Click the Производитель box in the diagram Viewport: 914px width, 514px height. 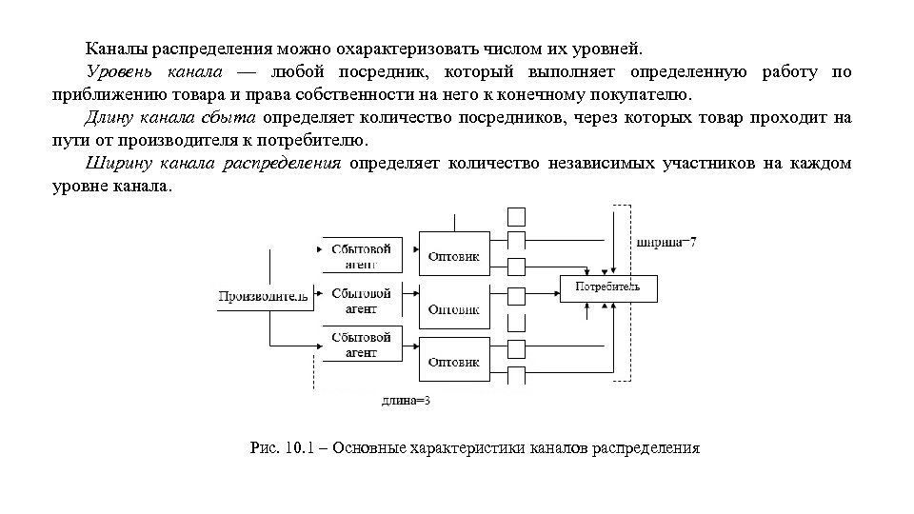(x=264, y=296)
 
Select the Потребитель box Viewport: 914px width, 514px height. (x=607, y=287)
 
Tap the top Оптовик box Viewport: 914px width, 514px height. (x=454, y=255)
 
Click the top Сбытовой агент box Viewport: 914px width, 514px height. (x=362, y=255)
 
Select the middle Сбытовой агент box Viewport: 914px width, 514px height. (x=362, y=301)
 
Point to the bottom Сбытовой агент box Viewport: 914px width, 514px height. (x=362, y=345)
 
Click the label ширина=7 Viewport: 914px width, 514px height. (x=666, y=242)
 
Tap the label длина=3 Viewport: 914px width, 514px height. (x=406, y=401)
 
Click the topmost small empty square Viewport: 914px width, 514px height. (x=516, y=216)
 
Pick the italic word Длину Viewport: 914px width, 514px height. (x=111, y=118)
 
